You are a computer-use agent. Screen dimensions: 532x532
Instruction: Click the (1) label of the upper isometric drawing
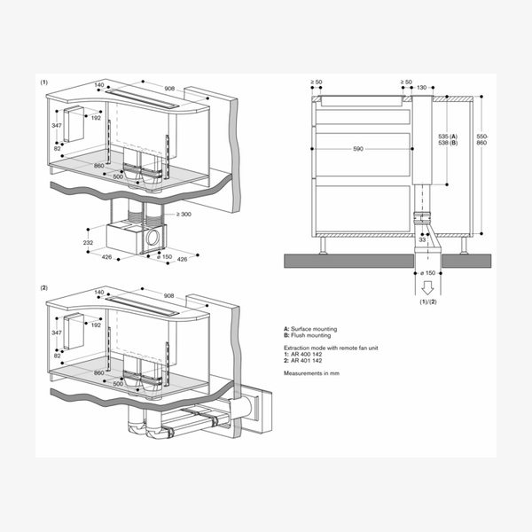click(x=43, y=82)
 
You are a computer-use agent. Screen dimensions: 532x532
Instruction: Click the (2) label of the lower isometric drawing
click(x=43, y=288)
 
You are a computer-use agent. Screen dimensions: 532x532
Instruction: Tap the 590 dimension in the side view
click(x=359, y=150)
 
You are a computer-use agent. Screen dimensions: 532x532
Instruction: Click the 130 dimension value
click(x=421, y=88)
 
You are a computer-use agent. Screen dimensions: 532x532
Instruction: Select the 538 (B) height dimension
click(x=447, y=142)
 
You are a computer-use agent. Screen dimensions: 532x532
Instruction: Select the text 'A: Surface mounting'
click(x=311, y=329)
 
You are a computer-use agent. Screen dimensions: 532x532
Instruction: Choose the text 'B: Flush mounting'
click(x=308, y=336)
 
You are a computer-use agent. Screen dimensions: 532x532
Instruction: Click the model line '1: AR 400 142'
click(x=304, y=355)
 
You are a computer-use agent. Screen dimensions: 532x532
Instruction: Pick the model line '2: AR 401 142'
click(x=304, y=362)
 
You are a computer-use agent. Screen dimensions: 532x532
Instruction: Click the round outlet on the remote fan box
click(x=155, y=237)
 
